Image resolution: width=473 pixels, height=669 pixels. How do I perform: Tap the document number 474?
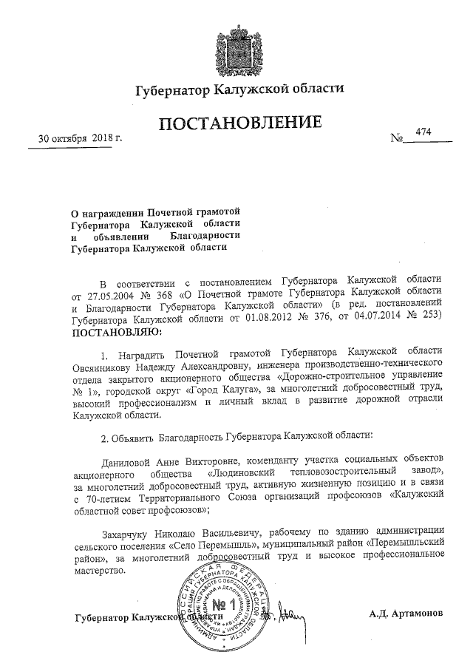tap(423, 132)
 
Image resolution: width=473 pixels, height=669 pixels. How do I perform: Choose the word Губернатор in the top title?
tap(172, 91)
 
